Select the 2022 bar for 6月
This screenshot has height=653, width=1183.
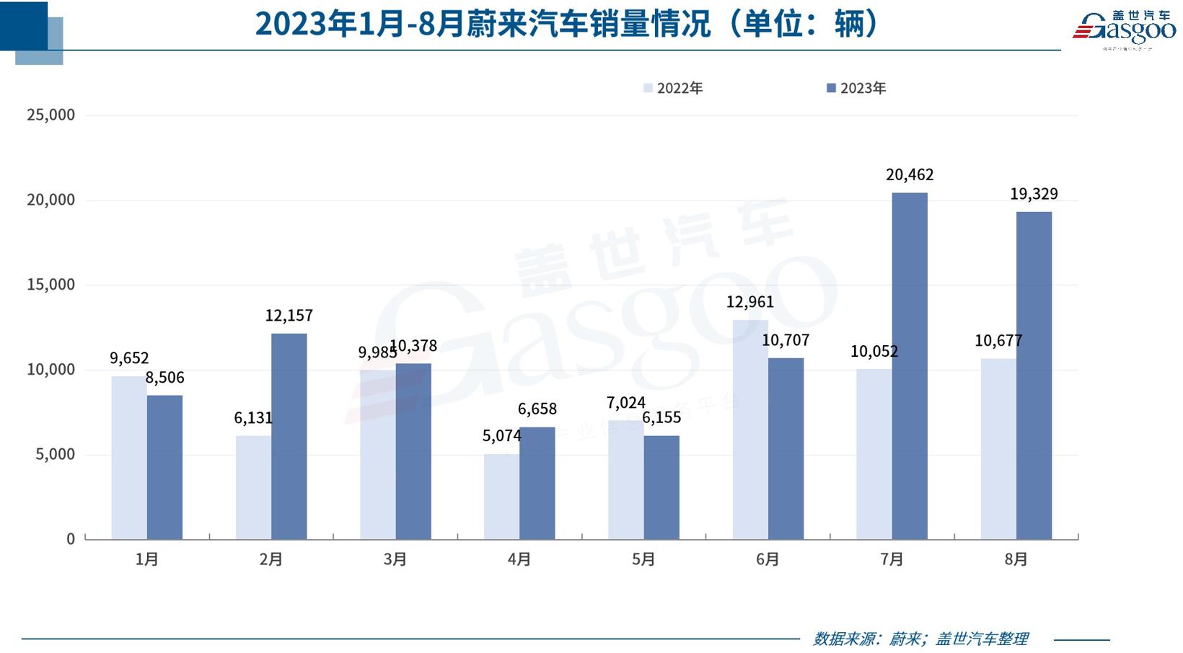tap(750, 430)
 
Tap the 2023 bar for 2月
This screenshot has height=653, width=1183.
tap(289, 436)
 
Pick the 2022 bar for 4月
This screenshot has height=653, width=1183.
tap(501, 497)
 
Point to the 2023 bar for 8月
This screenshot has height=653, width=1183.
tap(1034, 376)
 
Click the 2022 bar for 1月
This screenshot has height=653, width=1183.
tap(129, 458)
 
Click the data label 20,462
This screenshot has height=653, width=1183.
tap(910, 175)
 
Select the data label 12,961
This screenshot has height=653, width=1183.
tap(749, 303)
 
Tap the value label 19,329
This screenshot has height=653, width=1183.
tap(1034, 195)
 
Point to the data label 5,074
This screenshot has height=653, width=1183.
tap(501, 436)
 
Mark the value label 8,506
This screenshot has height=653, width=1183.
tap(165, 378)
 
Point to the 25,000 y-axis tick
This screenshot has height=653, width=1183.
tap(50, 115)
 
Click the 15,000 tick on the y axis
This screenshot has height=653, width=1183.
tap(50, 285)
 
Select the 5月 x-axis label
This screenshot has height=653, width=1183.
tap(643, 559)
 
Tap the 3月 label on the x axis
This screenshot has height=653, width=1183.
tap(395, 559)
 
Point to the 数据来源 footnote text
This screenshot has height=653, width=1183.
tap(920, 639)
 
